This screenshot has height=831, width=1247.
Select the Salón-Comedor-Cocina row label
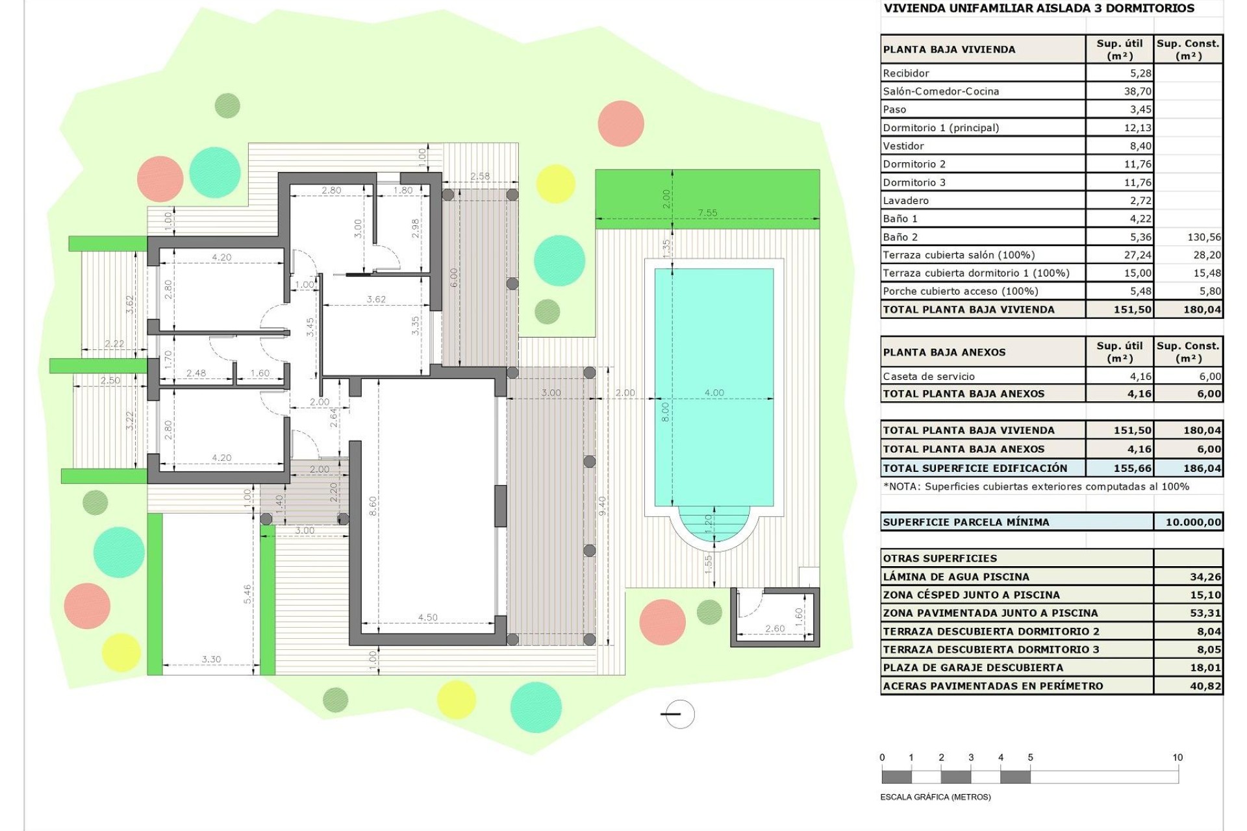(x=940, y=92)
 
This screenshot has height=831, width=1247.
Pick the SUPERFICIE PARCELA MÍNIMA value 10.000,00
(x=1193, y=522)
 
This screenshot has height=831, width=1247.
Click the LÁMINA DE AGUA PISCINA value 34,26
(x=1205, y=577)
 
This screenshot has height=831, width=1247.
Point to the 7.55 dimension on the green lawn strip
(x=707, y=212)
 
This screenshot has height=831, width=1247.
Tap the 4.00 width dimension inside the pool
(x=714, y=392)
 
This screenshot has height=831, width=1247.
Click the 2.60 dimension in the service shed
(x=774, y=628)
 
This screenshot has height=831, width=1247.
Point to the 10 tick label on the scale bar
(x=1178, y=757)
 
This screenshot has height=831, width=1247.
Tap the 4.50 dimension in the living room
(x=427, y=617)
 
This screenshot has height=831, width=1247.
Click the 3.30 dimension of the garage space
(x=211, y=659)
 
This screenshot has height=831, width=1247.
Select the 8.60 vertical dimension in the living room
(x=373, y=506)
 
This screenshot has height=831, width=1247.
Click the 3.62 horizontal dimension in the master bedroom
(x=376, y=299)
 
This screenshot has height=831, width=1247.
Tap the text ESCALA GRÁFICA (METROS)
(x=935, y=797)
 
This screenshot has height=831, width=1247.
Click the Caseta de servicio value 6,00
(x=1209, y=377)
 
